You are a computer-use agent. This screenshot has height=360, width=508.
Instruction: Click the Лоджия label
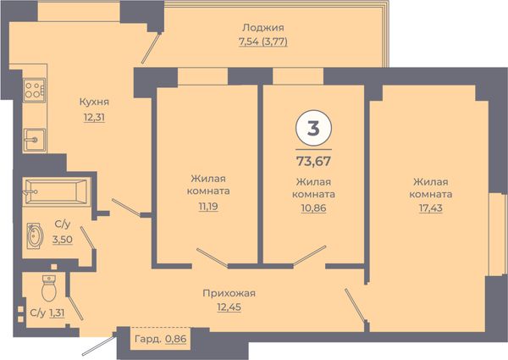coord(263,28)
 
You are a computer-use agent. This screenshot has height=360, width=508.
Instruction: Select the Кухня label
coord(94,102)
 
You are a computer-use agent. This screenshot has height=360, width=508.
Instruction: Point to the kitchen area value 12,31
coord(94,117)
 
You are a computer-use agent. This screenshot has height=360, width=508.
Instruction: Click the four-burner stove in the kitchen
coord(34,90)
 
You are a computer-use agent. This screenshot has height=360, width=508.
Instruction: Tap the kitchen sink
coord(35,140)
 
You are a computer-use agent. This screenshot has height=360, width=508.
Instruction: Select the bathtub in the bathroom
coord(56,191)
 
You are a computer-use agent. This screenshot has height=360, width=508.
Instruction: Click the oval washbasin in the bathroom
coord(35,235)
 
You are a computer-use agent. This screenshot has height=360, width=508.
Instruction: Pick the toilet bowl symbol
coord(49,288)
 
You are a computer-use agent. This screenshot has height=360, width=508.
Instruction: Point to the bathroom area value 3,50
coord(63,240)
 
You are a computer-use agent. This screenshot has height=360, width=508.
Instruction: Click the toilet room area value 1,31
coord(57,313)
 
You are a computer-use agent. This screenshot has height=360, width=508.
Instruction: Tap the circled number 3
coord(313,128)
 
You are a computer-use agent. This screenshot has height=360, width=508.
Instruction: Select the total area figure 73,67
coord(313,161)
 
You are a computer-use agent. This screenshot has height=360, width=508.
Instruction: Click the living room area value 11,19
coord(208,206)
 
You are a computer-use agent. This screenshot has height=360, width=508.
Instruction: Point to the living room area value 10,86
coord(313,208)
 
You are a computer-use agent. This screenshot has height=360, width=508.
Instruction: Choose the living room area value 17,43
coord(431,208)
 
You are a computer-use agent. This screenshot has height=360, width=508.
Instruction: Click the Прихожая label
coord(229,294)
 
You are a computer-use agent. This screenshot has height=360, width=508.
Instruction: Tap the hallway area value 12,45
coord(229,307)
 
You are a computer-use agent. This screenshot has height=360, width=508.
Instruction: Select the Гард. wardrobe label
coord(147,340)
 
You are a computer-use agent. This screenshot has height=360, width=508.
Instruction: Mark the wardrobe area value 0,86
coord(176,340)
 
